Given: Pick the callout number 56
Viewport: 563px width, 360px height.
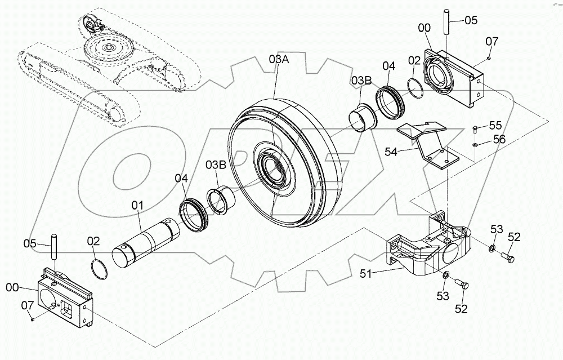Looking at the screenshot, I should (499, 139).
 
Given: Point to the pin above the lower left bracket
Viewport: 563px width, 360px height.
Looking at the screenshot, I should (55, 248).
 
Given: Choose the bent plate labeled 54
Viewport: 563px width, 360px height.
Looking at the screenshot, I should (428, 145).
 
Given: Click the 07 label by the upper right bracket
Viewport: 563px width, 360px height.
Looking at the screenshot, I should (492, 41).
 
